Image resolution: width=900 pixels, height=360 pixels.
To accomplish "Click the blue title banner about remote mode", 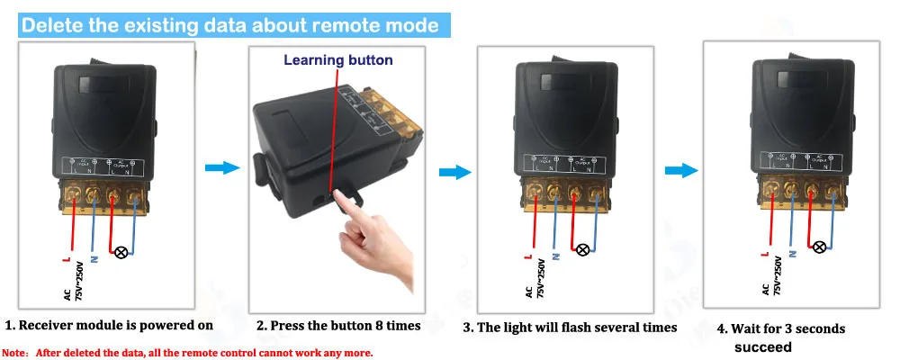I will (230, 24).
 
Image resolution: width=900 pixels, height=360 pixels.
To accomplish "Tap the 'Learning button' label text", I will (338, 60).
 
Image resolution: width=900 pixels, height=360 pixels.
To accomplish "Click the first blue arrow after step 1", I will (221, 168).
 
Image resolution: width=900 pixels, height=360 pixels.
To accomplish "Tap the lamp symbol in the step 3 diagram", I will (582, 249).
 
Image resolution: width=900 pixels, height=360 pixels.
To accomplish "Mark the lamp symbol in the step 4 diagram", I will (819, 247).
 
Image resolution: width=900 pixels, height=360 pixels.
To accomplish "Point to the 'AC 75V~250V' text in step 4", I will (770, 275).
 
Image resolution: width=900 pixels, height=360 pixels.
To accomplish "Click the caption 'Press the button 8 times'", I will (338, 326).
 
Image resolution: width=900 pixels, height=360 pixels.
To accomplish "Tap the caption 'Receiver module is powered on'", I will (110, 325).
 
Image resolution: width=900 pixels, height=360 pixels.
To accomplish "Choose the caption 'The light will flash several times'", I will (570, 328).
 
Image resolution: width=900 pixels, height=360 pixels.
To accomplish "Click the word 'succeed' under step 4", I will (762, 346).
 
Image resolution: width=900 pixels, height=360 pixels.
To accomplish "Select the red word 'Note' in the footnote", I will (15, 352).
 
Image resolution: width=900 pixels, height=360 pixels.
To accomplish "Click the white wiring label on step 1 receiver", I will (103, 166).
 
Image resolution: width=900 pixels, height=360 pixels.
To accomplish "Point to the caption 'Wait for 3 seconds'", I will (781, 328).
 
